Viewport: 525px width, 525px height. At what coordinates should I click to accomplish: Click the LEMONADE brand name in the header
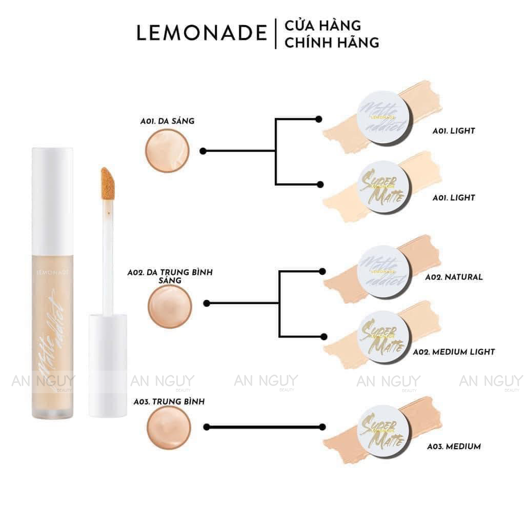click(201, 32)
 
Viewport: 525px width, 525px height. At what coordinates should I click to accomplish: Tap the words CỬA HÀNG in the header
click(322, 25)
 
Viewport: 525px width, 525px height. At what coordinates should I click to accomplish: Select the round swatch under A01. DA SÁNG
click(168, 151)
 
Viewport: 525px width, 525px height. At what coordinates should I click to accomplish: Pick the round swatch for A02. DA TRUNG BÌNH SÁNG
click(170, 306)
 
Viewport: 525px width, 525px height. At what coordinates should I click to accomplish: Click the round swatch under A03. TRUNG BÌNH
click(169, 428)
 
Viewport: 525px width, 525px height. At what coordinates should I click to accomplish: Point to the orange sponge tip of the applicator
click(108, 184)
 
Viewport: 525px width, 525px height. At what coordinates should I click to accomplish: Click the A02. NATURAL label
click(454, 277)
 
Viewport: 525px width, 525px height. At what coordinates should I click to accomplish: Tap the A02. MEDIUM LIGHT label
click(454, 352)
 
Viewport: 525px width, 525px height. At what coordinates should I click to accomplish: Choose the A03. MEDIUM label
click(454, 446)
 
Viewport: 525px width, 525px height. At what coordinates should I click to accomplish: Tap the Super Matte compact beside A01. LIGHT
click(382, 185)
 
